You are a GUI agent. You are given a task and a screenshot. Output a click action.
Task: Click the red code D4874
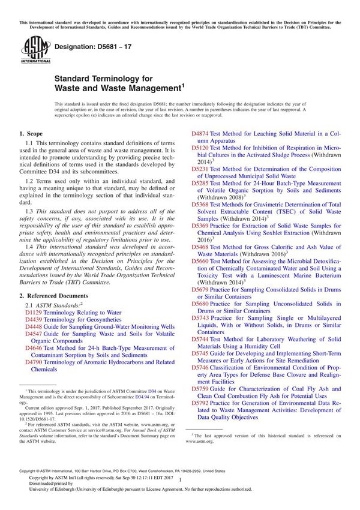(x=200, y=133)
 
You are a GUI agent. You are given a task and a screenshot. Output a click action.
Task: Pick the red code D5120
(x=200, y=148)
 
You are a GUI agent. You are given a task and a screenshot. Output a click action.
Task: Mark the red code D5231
(x=200, y=169)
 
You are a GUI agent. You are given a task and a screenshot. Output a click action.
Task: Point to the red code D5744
(x=200, y=340)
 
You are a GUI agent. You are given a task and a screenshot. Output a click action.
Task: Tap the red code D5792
(x=200, y=403)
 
